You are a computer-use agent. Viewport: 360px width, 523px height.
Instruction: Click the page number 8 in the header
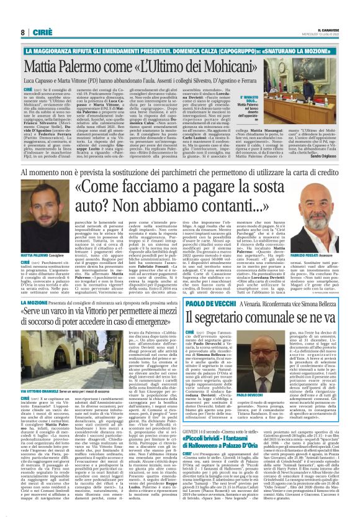22,32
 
